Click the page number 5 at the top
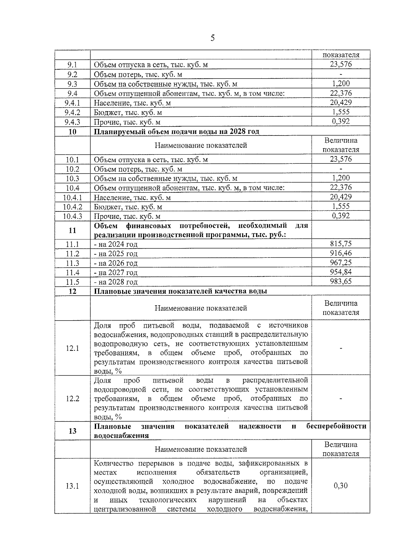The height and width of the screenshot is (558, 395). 212,38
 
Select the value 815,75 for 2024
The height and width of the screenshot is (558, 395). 340,244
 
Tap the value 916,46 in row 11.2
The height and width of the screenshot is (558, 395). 340,253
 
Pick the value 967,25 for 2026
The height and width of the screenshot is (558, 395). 340,262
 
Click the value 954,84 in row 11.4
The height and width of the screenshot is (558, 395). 340,272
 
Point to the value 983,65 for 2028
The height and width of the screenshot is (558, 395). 340,281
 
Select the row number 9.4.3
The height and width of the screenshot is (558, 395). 72,122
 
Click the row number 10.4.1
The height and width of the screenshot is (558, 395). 72,198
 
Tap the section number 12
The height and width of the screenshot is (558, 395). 72,291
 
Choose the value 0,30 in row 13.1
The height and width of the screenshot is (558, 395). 340,486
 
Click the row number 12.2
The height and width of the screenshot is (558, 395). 72,399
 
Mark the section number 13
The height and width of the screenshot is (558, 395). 72,431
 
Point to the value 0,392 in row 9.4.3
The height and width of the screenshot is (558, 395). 340,121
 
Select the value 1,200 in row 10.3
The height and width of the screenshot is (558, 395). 340,178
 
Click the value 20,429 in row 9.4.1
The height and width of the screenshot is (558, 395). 340,103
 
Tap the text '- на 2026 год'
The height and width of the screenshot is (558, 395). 116,263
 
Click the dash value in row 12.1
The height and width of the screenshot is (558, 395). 340,348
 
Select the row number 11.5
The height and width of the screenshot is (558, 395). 72,282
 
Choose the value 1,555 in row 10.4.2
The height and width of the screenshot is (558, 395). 340,206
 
